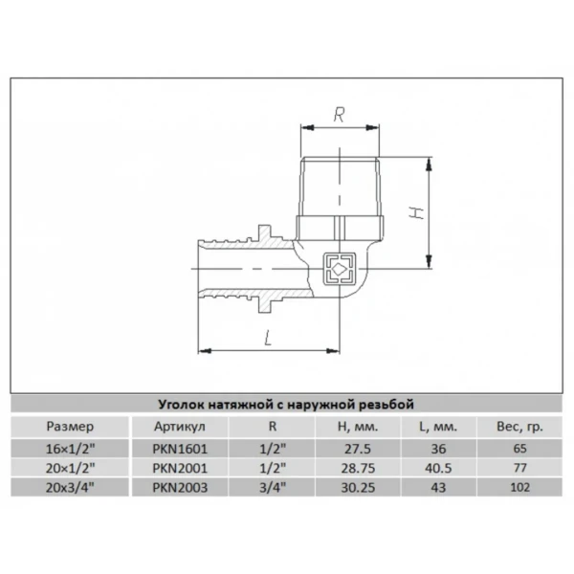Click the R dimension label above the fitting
click(x=339, y=114)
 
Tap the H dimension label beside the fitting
click(x=416, y=213)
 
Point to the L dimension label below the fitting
click(x=268, y=338)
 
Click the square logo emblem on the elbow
click(x=340, y=270)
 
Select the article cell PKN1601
click(x=180, y=449)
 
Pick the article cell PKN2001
click(x=180, y=468)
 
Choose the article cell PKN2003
click(x=180, y=488)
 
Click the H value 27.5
click(x=358, y=449)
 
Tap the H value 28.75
click(x=358, y=468)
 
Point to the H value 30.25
click(x=358, y=488)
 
